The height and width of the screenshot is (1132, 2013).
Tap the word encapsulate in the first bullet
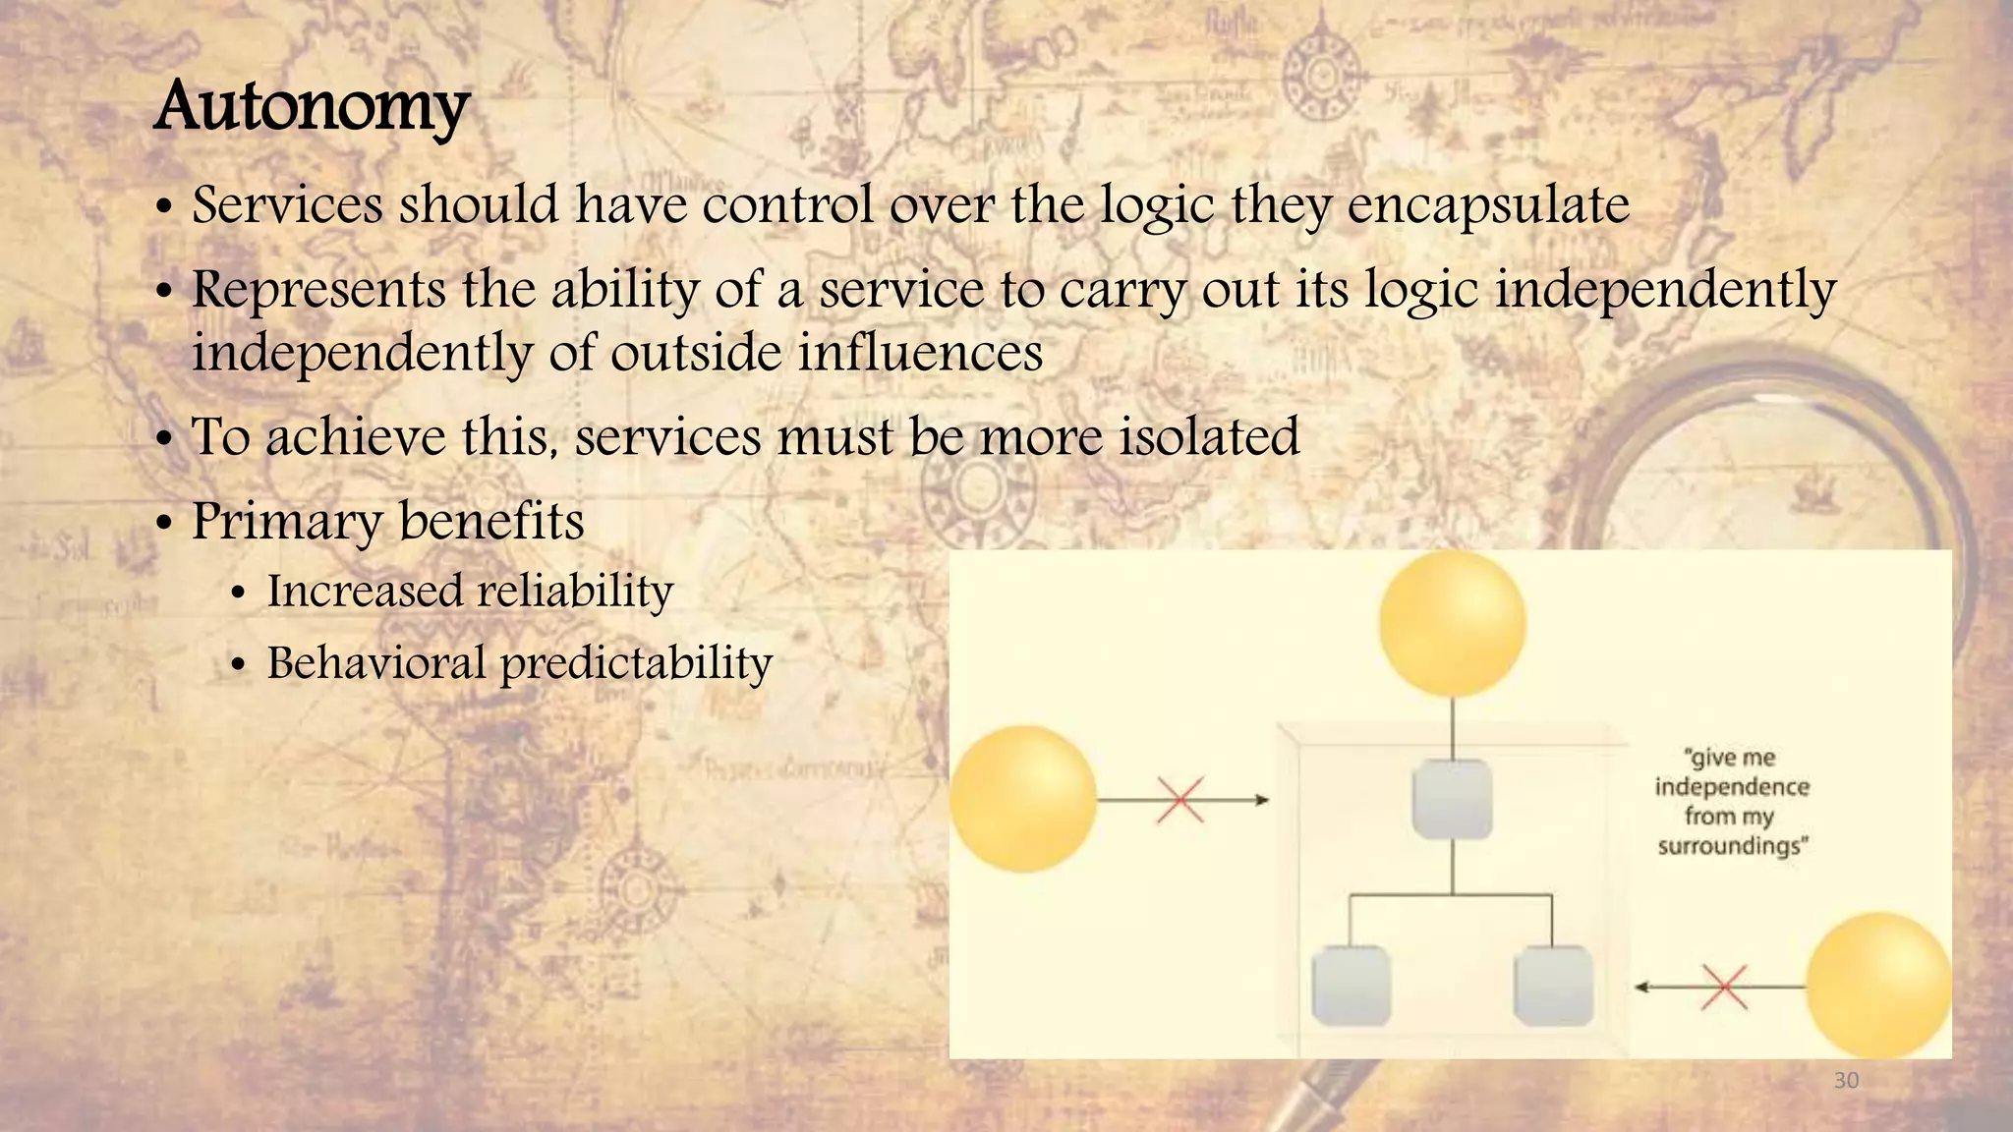click(x=1488, y=206)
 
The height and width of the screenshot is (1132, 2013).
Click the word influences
click(x=920, y=354)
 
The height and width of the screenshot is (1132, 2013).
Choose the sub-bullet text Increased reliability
click(x=470, y=592)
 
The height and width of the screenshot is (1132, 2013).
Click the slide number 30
click(x=1846, y=1081)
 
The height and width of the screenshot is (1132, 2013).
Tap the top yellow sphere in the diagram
click(x=1452, y=623)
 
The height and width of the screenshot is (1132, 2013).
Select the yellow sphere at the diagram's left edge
click(x=1023, y=799)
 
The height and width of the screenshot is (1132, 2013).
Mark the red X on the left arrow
click(x=1180, y=800)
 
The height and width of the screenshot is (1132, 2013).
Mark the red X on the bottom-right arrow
click(x=1724, y=987)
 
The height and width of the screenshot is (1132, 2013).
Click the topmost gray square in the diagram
click(x=1452, y=800)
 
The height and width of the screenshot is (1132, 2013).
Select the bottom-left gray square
click(x=1351, y=986)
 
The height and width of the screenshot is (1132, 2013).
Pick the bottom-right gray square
click(x=1553, y=986)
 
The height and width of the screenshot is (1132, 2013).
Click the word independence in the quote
click(x=1732, y=787)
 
